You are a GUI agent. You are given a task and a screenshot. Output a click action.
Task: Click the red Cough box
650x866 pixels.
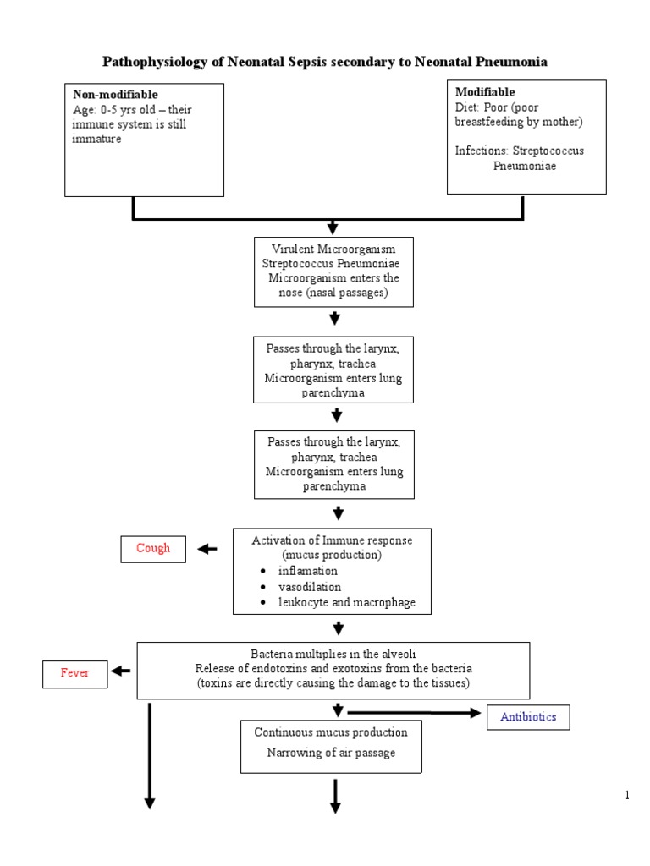click(153, 548)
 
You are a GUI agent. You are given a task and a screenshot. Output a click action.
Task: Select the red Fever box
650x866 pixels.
click(74, 673)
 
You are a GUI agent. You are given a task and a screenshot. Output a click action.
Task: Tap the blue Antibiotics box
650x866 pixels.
click(528, 717)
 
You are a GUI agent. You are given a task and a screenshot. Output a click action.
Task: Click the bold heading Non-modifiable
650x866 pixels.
click(115, 95)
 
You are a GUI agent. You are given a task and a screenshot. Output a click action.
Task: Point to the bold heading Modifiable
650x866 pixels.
click(485, 91)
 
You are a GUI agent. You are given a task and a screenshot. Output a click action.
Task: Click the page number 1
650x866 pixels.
click(627, 795)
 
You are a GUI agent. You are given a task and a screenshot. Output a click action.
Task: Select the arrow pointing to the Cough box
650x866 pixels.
click(207, 549)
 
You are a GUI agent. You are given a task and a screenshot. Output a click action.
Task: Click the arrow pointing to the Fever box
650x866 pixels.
click(121, 671)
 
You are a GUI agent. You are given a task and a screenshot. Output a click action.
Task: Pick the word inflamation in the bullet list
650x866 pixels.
click(308, 571)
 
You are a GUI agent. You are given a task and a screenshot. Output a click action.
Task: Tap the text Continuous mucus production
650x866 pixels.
click(331, 732)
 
